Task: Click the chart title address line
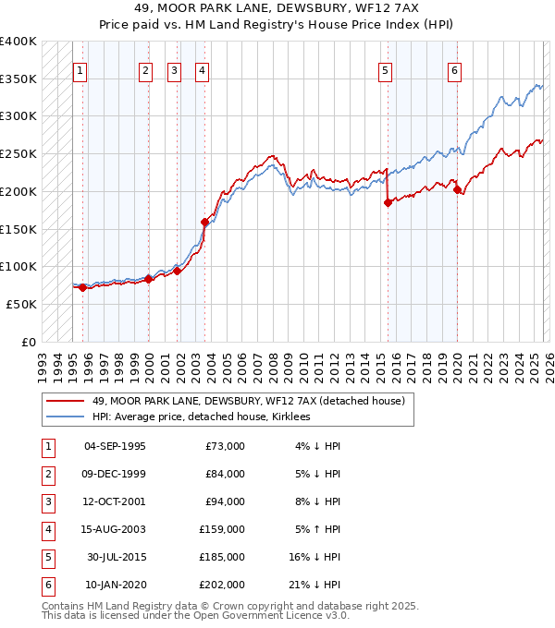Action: (277, 8)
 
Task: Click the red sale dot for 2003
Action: (205, 222)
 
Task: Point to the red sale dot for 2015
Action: (388, 202)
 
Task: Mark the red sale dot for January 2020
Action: (457, 189)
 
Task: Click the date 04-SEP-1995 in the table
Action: (115, 446)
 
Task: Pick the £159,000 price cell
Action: (222, 529)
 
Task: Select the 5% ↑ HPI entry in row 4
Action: (317, 529)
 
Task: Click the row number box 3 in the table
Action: (46, 501)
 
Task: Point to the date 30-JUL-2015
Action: (117, 557)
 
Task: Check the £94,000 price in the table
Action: (225, 501)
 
